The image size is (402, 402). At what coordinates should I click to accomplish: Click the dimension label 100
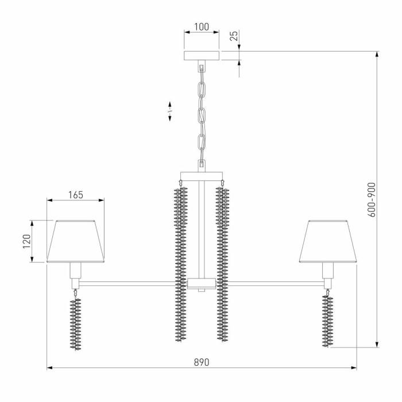click(201, 27)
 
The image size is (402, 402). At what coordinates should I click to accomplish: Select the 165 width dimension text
click(75, 195)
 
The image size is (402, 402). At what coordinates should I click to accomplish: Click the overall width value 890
click(201, 362)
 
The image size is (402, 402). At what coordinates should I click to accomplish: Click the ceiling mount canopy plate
click(201, 56)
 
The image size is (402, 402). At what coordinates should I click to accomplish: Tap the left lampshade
click(75, 241)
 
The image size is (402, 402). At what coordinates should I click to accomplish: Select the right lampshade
click(328, 241)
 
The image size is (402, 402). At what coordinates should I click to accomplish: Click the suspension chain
click(201, 115)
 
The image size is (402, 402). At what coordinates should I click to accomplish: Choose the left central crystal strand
click(181, 264)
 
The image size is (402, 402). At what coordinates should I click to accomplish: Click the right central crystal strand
click(222, 264)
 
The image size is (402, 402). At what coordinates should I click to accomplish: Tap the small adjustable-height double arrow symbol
click(170, 112)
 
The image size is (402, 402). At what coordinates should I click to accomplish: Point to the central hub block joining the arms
click(201, 283)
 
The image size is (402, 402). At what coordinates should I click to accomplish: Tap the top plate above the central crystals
click(201, 176)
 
